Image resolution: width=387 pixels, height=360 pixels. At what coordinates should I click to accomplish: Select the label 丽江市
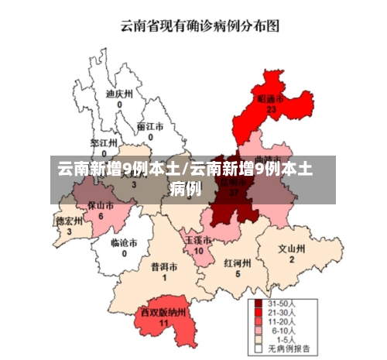(150, 126)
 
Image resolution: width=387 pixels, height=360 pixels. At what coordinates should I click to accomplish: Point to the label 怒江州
(104, 143)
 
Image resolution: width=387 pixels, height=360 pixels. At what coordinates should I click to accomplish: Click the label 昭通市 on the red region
(270, 100)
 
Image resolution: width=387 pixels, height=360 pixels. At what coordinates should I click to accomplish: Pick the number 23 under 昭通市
(271, 110)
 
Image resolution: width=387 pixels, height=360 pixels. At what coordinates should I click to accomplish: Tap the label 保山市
(101, 206)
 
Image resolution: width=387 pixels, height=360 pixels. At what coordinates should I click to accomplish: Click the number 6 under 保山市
(101, 216)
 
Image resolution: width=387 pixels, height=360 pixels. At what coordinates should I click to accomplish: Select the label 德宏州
(69, 221)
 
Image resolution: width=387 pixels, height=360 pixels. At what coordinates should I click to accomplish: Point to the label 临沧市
(124, 242)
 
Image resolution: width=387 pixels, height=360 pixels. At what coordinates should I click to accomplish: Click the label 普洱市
(164, 266)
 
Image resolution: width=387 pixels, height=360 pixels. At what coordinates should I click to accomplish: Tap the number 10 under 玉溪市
(198, 251)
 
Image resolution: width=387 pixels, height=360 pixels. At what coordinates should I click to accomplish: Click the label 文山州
(292, 249)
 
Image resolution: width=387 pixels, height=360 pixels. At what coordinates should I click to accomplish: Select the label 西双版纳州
(163, 312)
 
